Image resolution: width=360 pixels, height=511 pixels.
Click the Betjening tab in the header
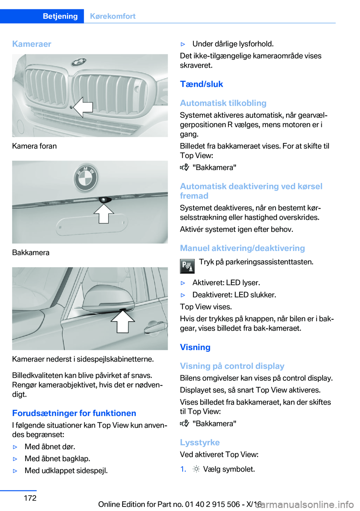coord(60,16)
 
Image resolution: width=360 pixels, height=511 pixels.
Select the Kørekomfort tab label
coord(112,16)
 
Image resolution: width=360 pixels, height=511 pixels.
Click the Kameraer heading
coord(32,44)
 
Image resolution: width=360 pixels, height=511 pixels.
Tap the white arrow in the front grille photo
coord(83,107)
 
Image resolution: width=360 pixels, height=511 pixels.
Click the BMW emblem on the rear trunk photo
coord(86,177)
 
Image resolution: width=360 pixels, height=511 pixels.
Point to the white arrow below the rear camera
coord(103,213)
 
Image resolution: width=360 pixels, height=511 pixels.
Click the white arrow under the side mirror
coord(123,322)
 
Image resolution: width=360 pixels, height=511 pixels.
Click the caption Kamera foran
coord(34,146)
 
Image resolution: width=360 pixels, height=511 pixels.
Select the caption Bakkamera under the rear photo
coord(31,252)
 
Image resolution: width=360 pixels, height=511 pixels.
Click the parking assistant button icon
coord(187,266)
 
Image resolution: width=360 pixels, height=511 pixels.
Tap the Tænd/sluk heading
coord(201,84)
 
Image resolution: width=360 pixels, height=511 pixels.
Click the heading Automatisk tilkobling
coord(223,103)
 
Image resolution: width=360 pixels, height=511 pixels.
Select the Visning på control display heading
coord(232,366)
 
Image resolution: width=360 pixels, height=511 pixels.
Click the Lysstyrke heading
coord(200,442)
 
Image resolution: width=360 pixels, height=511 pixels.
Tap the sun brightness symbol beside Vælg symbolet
coord(196,469)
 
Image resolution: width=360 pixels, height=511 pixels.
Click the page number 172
coord(30,498)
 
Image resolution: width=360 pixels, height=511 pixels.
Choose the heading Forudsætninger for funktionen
coord(74,413)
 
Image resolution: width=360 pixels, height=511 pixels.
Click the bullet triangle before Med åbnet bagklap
coord(15,459)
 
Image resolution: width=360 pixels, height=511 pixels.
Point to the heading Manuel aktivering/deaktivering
coord(242,248)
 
